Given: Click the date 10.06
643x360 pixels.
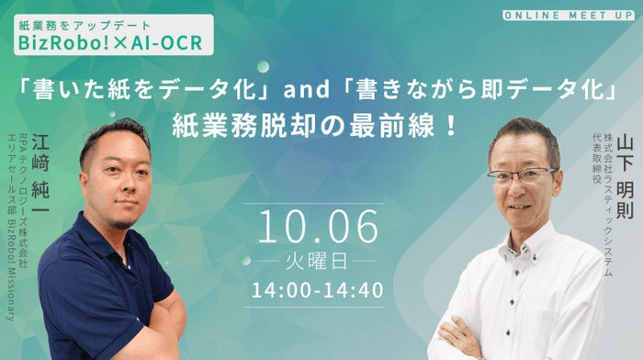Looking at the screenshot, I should [320, 224].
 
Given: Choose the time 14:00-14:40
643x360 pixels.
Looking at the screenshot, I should [320, 289].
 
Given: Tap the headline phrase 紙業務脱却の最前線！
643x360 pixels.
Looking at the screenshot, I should [320, 123].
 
